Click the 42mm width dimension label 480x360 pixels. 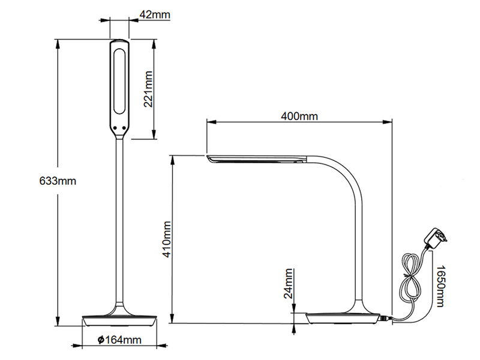152,14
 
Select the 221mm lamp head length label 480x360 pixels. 148,88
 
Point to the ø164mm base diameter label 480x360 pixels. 119,340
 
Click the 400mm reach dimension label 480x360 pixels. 299,116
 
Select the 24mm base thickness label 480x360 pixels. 289,283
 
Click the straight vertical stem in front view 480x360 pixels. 119,222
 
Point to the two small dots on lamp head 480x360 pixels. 119,127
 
